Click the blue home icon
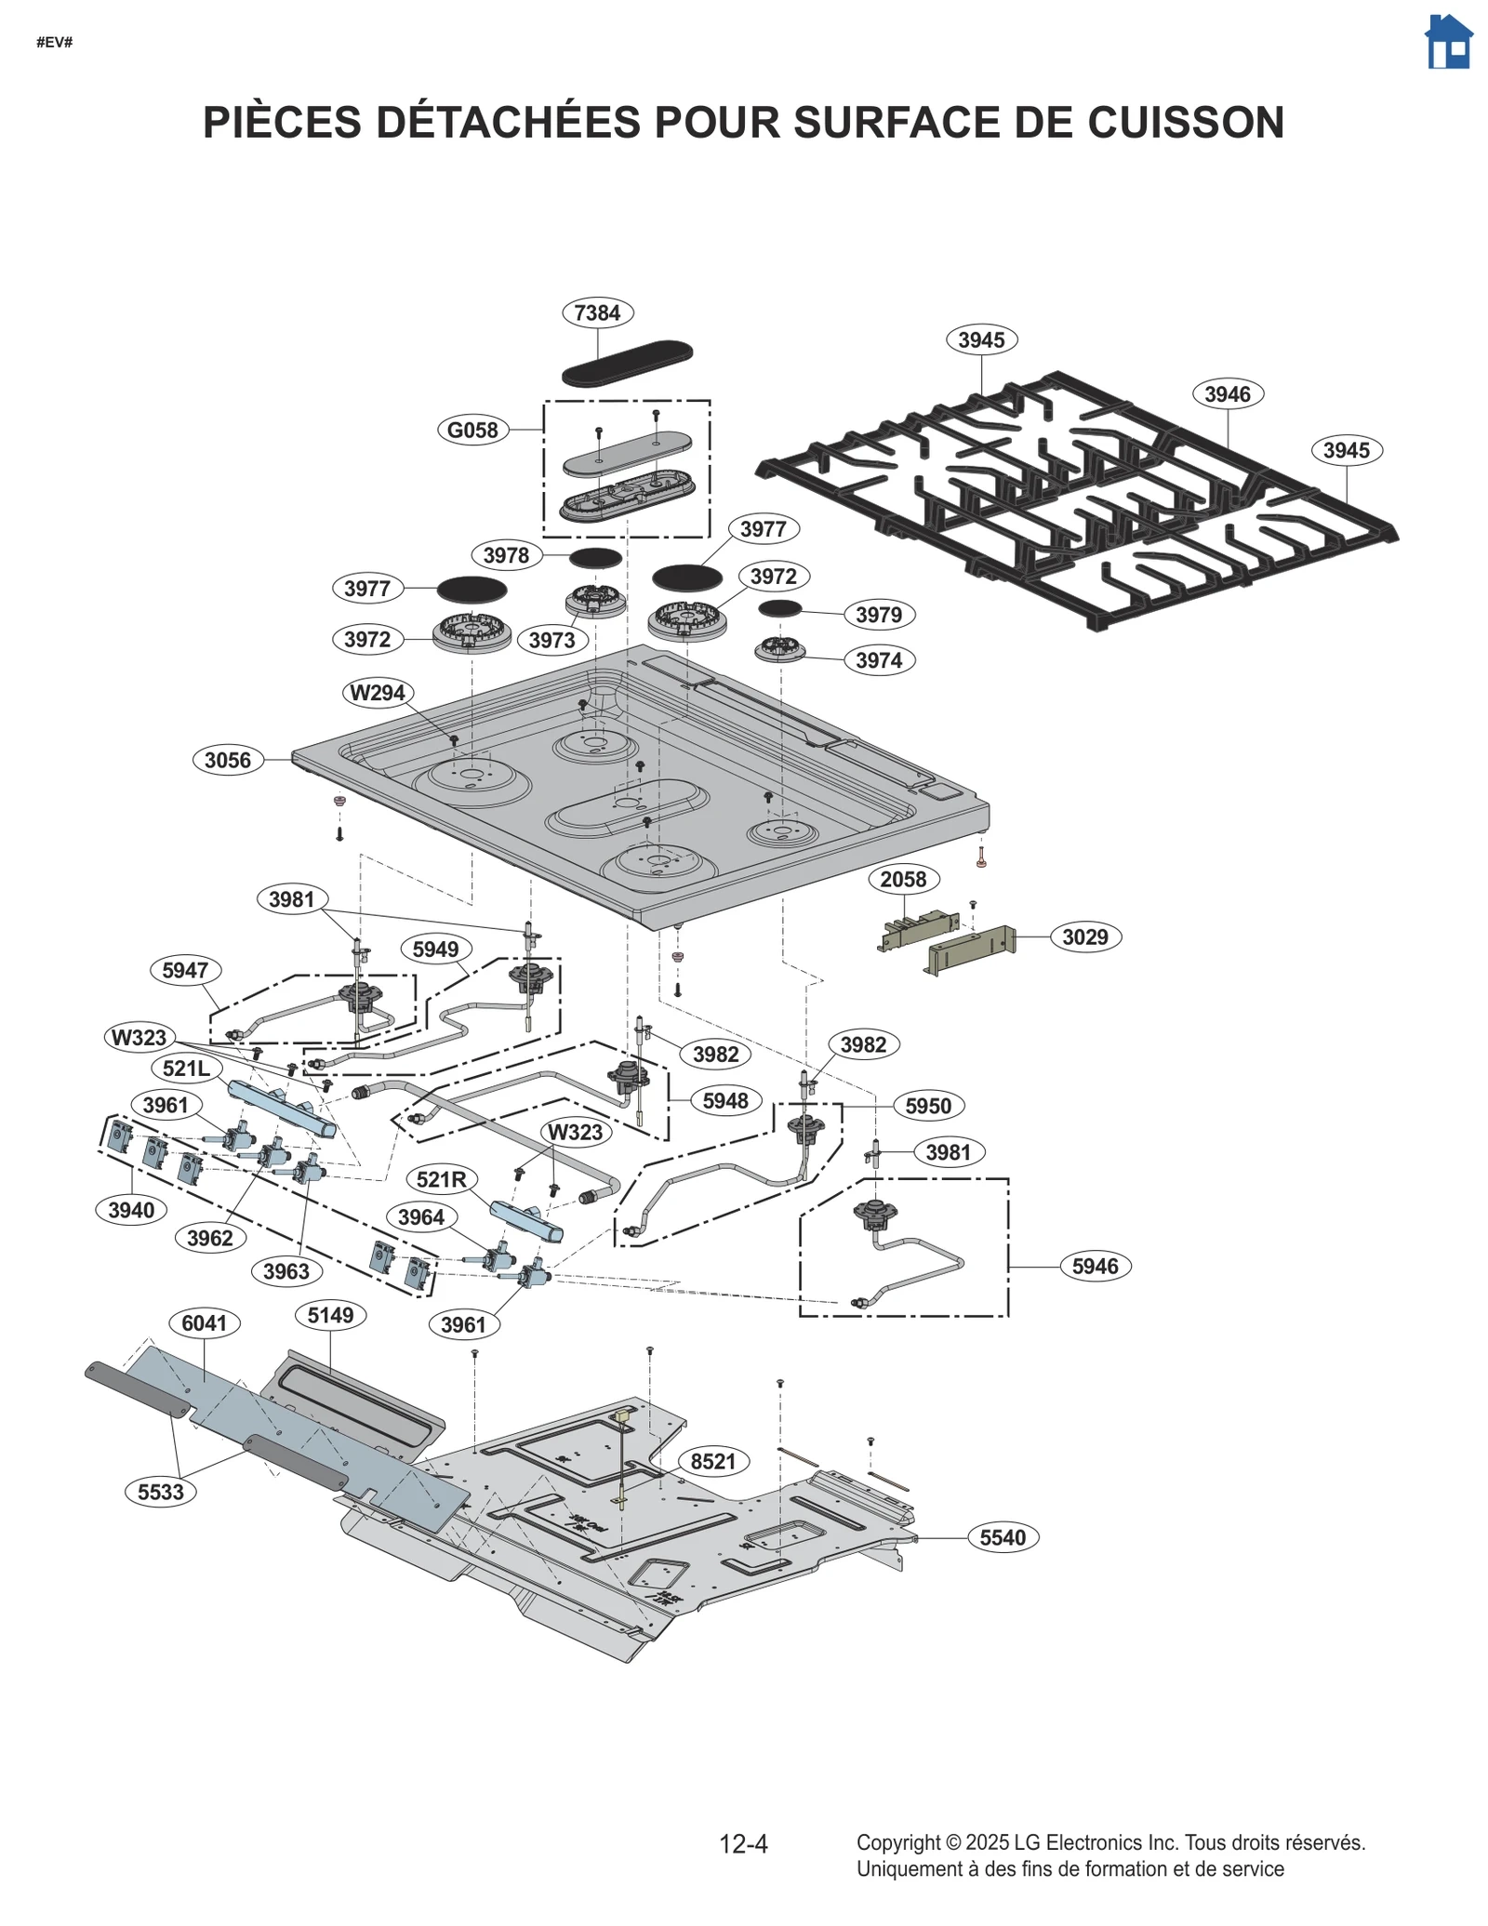coord(1448,42)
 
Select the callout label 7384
coord(597,312)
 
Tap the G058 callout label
coord(472,430)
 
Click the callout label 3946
coord(1227,393)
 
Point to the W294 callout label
coord(378,693)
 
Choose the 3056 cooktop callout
coord(228,760)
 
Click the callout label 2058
coord(903,879)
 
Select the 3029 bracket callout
coord(1085,936)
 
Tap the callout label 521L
coord(186,1068)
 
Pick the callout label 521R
coord(441,1180)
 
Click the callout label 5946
coord(1095,1266)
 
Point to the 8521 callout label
coord(713,1461)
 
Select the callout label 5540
coord(1003,1537)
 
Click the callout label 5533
coord(161,1492)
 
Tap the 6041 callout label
coord(205,1322)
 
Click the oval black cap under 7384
coord(627,363)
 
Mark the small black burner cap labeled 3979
coord(779,608)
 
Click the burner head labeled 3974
coord(779,649)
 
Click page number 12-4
coord(743,1843)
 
